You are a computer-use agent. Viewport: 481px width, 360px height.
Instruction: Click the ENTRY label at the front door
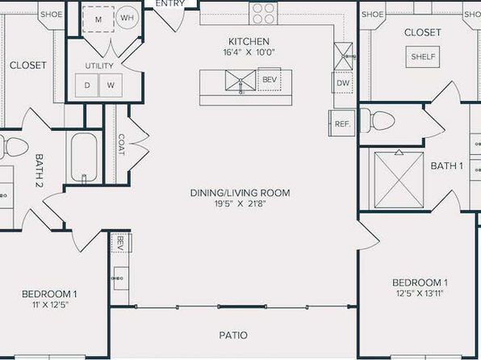pos(170,3)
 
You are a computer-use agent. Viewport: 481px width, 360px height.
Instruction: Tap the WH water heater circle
pos(127,18)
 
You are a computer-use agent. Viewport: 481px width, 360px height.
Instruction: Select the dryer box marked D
pos(87,85)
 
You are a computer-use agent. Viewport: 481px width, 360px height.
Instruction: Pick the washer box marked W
pos(111,85)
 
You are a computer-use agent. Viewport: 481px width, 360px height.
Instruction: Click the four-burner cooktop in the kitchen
pos(264,14)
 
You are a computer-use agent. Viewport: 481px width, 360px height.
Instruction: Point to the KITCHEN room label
pos(249,41)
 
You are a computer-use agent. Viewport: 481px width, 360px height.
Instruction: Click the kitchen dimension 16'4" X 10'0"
pos(249,52)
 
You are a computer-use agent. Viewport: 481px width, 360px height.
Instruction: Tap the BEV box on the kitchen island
pos(270,79)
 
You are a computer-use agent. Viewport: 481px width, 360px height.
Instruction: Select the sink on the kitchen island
pos(240,81)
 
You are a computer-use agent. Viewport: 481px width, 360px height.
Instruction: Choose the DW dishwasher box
pos(343,82)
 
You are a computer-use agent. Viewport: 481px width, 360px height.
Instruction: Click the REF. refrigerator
pos(342,123)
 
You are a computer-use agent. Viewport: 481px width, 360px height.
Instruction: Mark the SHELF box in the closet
pos(423,57)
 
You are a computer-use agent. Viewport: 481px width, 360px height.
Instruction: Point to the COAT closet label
pos(122,144)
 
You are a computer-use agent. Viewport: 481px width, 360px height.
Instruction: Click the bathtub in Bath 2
pos(84,158)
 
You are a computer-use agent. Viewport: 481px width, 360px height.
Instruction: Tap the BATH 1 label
pos(446,166)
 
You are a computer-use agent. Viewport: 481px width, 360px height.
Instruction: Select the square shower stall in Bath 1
pos(399,180)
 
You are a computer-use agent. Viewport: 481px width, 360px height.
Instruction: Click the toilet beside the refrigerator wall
pos(378,120)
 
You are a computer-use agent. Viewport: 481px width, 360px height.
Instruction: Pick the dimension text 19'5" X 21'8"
pos(240,203)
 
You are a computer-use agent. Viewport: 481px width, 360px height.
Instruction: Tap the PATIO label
pos(233,335)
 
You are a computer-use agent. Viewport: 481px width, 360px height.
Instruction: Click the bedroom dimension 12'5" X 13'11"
pos(420,293)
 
